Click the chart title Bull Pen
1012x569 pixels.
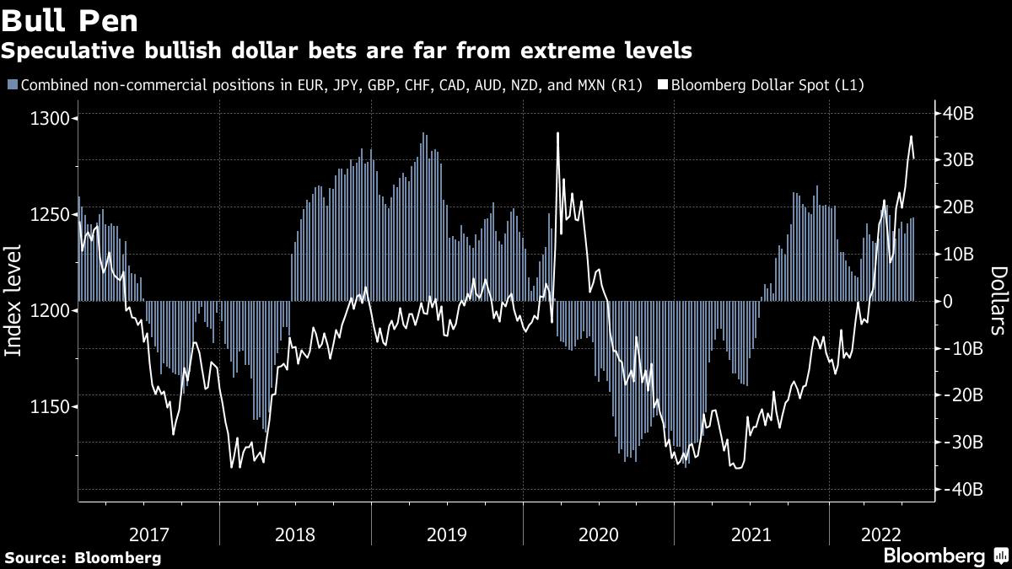[69, 21]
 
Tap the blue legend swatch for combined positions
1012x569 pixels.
[13, 84]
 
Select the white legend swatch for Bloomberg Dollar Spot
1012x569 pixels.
[663, 84]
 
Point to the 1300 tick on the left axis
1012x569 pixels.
[50, 118]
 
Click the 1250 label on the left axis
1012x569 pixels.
[50, 214]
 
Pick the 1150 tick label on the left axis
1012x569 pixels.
[50, 407]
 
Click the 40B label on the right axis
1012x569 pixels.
[958, 113]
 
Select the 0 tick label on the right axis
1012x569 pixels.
[947, 301]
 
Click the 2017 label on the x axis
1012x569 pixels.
[148, 535]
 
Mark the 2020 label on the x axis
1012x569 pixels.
[598, 535]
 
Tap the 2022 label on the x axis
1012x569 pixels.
[881, 535]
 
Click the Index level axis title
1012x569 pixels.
[13, 300]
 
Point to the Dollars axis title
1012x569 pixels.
[999, 301]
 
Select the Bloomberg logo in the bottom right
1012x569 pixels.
[947, 556]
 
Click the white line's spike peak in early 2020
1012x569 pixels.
[558, 133]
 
